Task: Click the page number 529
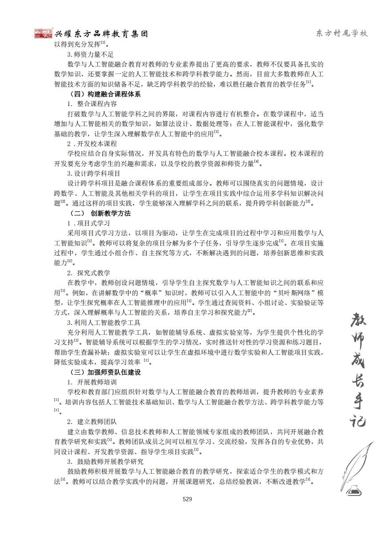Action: coord(187,499)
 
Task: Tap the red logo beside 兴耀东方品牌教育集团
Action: coord(44,33)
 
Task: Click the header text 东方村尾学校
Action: coord(342,34)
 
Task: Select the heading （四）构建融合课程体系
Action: coord(105,94)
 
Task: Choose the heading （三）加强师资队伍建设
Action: coord(105,372)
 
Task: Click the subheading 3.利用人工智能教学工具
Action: coord(104,322)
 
